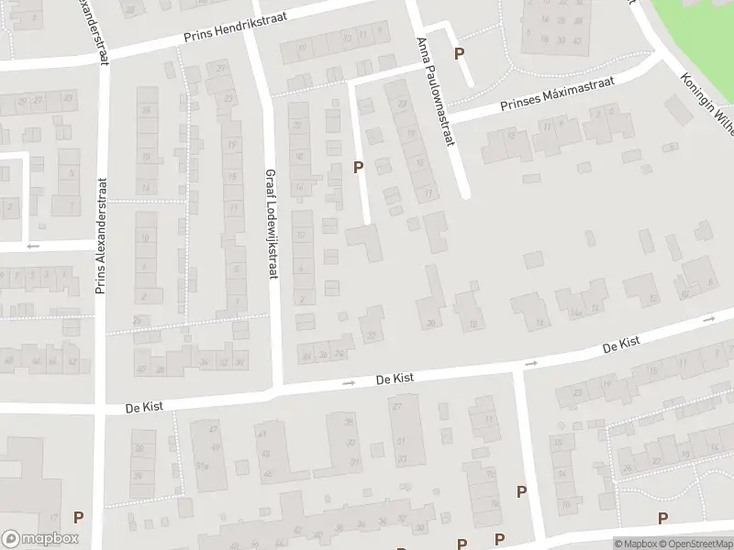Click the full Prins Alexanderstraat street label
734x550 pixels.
coord(100,237)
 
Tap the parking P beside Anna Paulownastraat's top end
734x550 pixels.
coord(459,54)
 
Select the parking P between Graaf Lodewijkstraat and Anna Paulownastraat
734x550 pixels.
coord(359,167)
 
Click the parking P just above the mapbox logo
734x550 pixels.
coord(78,518)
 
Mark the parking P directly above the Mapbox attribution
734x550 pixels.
coord(662,519)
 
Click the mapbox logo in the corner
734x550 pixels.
coord(39,539)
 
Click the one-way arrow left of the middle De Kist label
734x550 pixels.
coord(348,382)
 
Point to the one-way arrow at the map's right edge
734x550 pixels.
coord(709,319)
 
